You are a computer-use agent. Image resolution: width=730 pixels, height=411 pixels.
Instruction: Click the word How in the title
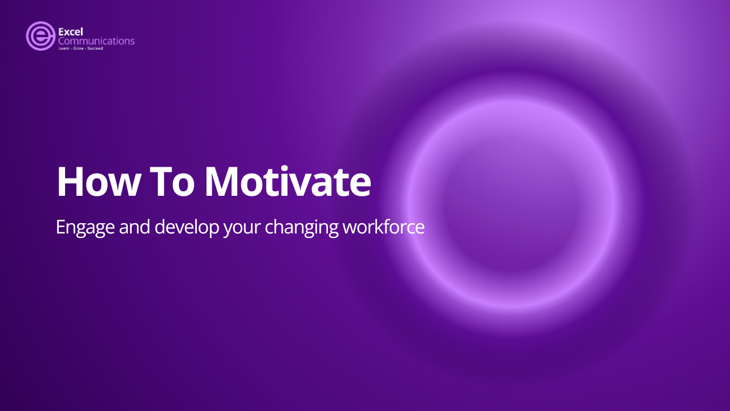pyautogui.click(x=98, y=182)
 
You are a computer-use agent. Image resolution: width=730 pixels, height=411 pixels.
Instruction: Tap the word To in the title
pyautogui.click(x=172, y=182)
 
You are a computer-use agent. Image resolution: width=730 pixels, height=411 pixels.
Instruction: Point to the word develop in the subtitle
pyautogui.click(x=186, y=227)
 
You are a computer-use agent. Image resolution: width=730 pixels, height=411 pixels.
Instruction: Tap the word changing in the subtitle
pyautogui.click(x=302, y=227)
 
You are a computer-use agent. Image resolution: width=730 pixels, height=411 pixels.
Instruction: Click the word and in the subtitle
pyautogui.click(x=134, y=227)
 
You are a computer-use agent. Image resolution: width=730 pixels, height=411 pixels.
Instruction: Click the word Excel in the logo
pyautogui.click(x=70, y=32)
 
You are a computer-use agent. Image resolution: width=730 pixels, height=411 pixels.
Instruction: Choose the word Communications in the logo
pyautogui.click(x=96, y=41)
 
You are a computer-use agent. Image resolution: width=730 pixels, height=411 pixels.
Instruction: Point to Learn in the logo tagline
pyautogui.click(x=63, y=49)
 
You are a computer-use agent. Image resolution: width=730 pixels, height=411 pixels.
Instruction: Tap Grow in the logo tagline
pyautogui.click(x=78, y=49)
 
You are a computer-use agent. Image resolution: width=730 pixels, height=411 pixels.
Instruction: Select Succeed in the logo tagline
pyautogui.click(x=95, y=49)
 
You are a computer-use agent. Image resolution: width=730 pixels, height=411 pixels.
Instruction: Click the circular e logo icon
pyautogui.click(x=40, y=36)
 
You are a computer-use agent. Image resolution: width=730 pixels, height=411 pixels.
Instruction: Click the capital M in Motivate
pyautogui.click(x=223, y=182)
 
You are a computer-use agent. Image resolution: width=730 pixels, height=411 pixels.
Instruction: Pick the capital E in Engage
pyautogui.click(x=61, y=227)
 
